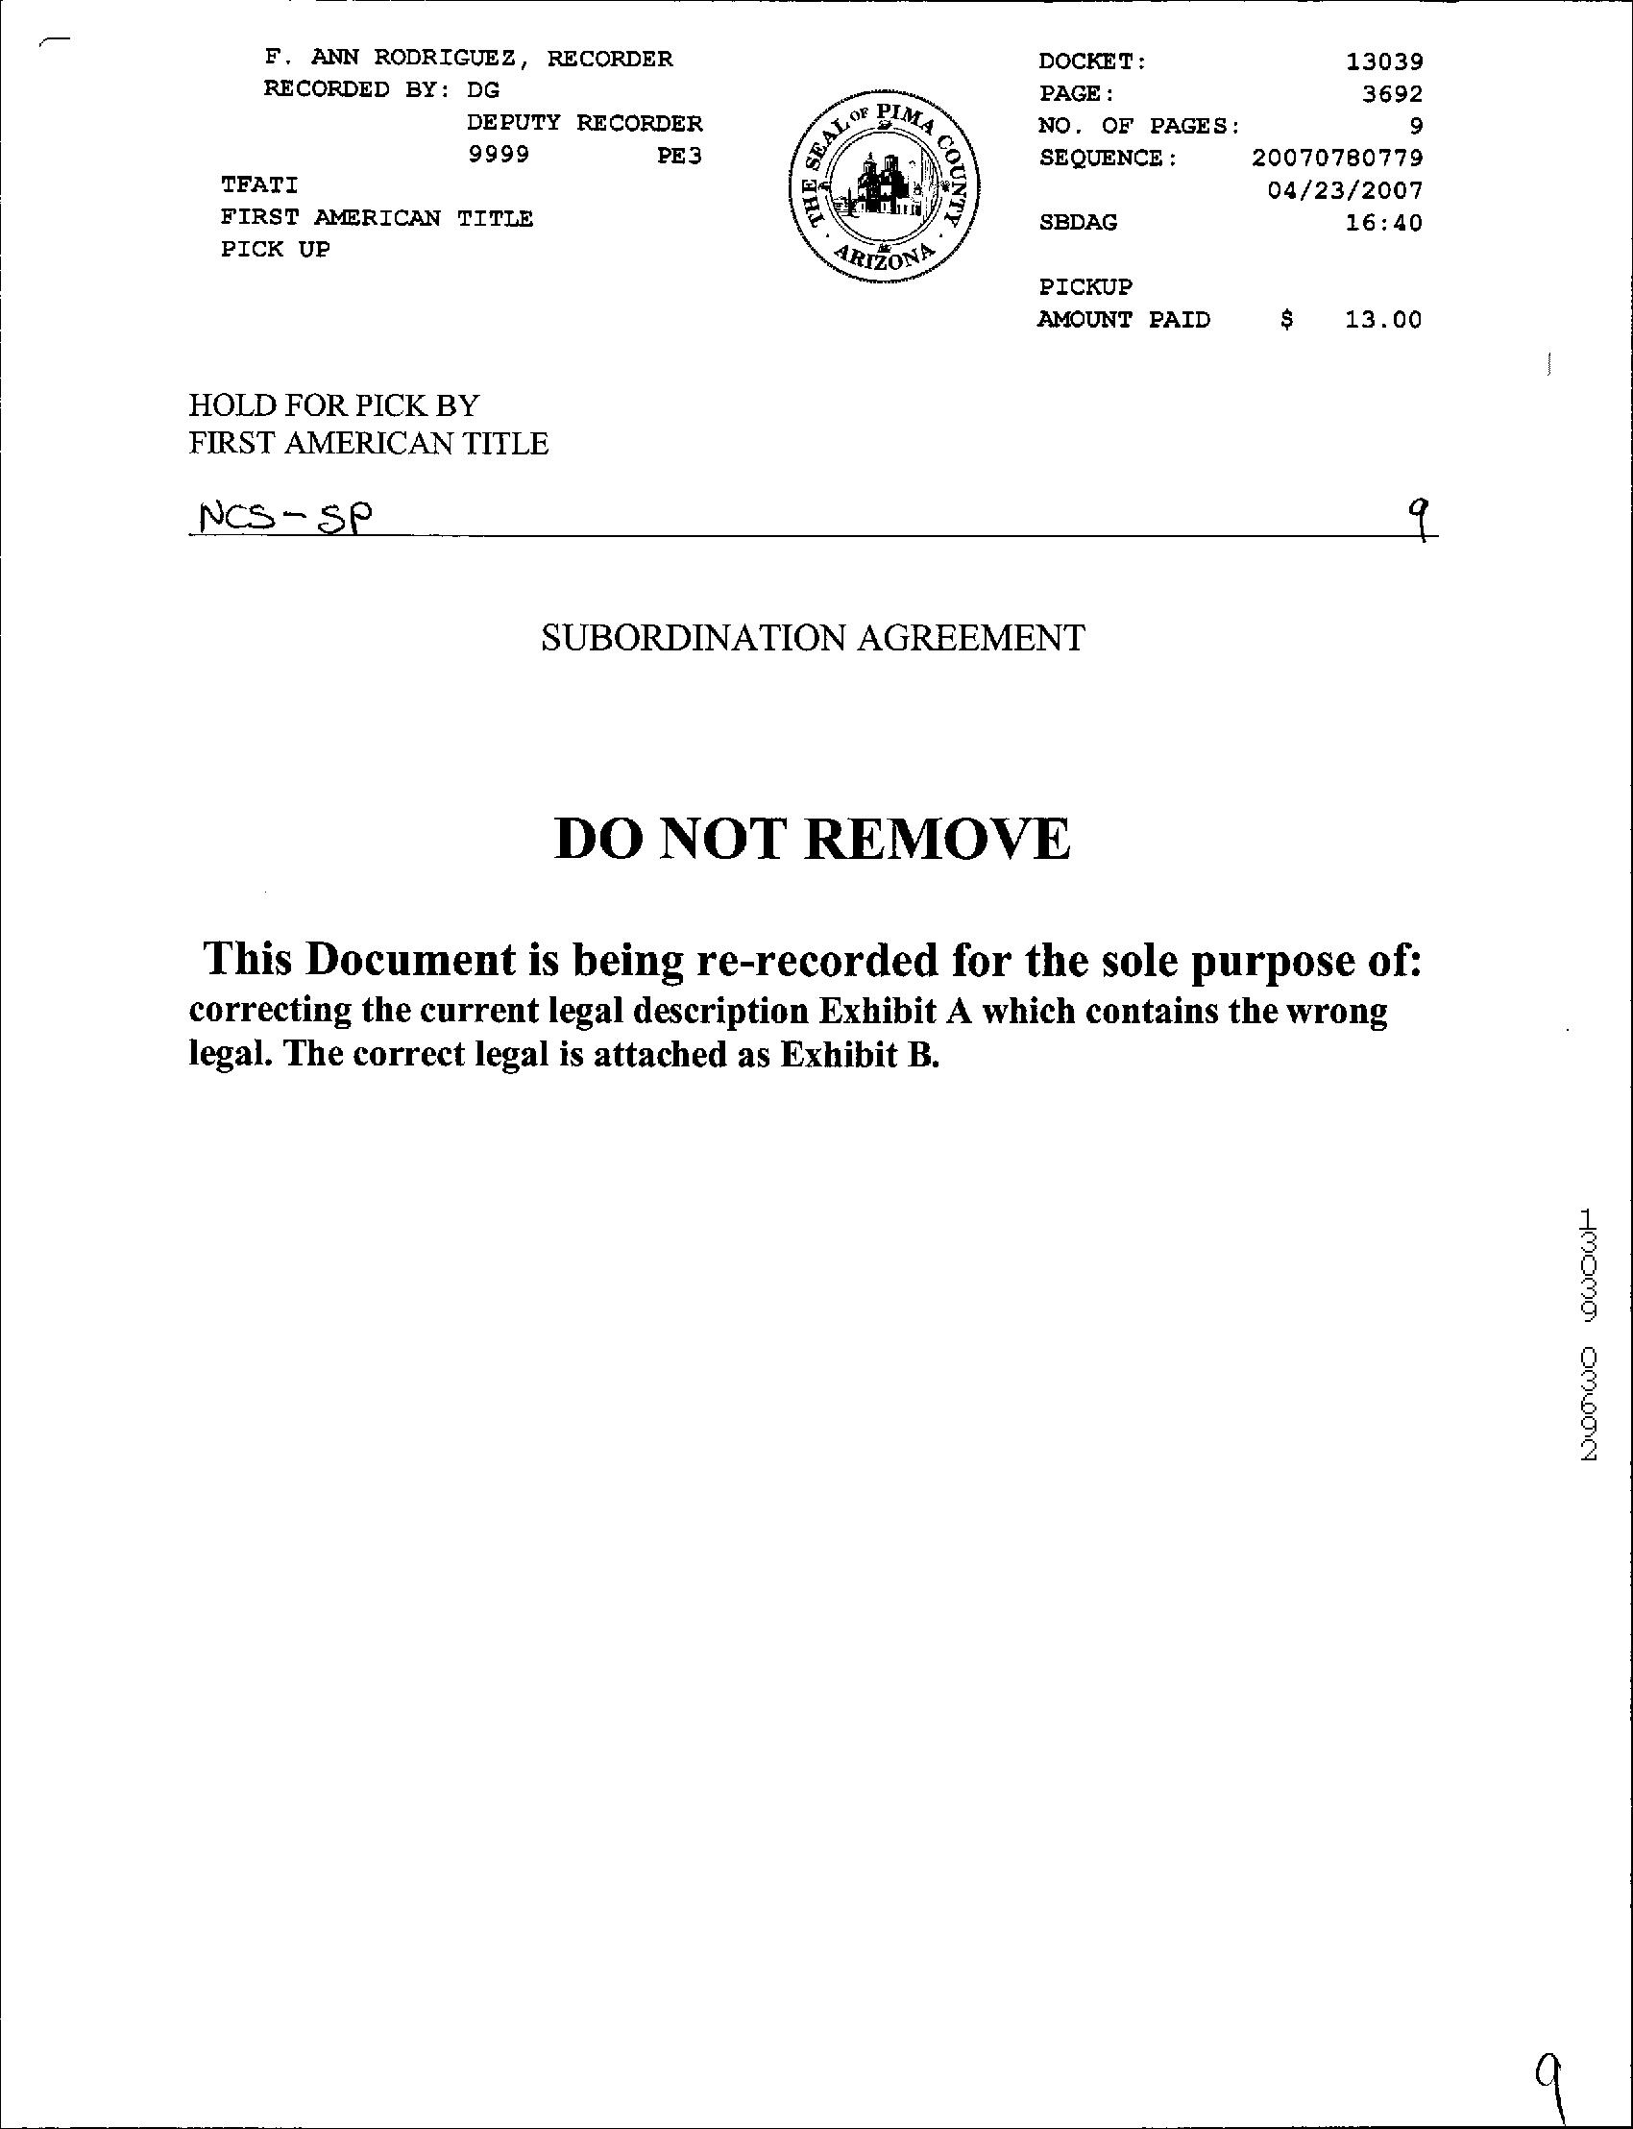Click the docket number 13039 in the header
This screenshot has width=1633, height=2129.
pos(1383,62)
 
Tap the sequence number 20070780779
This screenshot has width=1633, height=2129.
pos(1336,158)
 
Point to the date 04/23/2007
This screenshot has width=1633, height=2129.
pos(1344,189)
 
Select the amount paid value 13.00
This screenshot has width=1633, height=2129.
pos(1382,320)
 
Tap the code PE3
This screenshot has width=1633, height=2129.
pos(679,156)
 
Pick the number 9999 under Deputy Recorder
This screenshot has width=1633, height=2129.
pos(499,156)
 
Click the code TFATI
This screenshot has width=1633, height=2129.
pos(259,184)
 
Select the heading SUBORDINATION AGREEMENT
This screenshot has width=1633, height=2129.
pos(813,639)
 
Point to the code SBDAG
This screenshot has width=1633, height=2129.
pos(1078,223)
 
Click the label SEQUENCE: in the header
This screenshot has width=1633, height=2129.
pos(1108,159)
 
